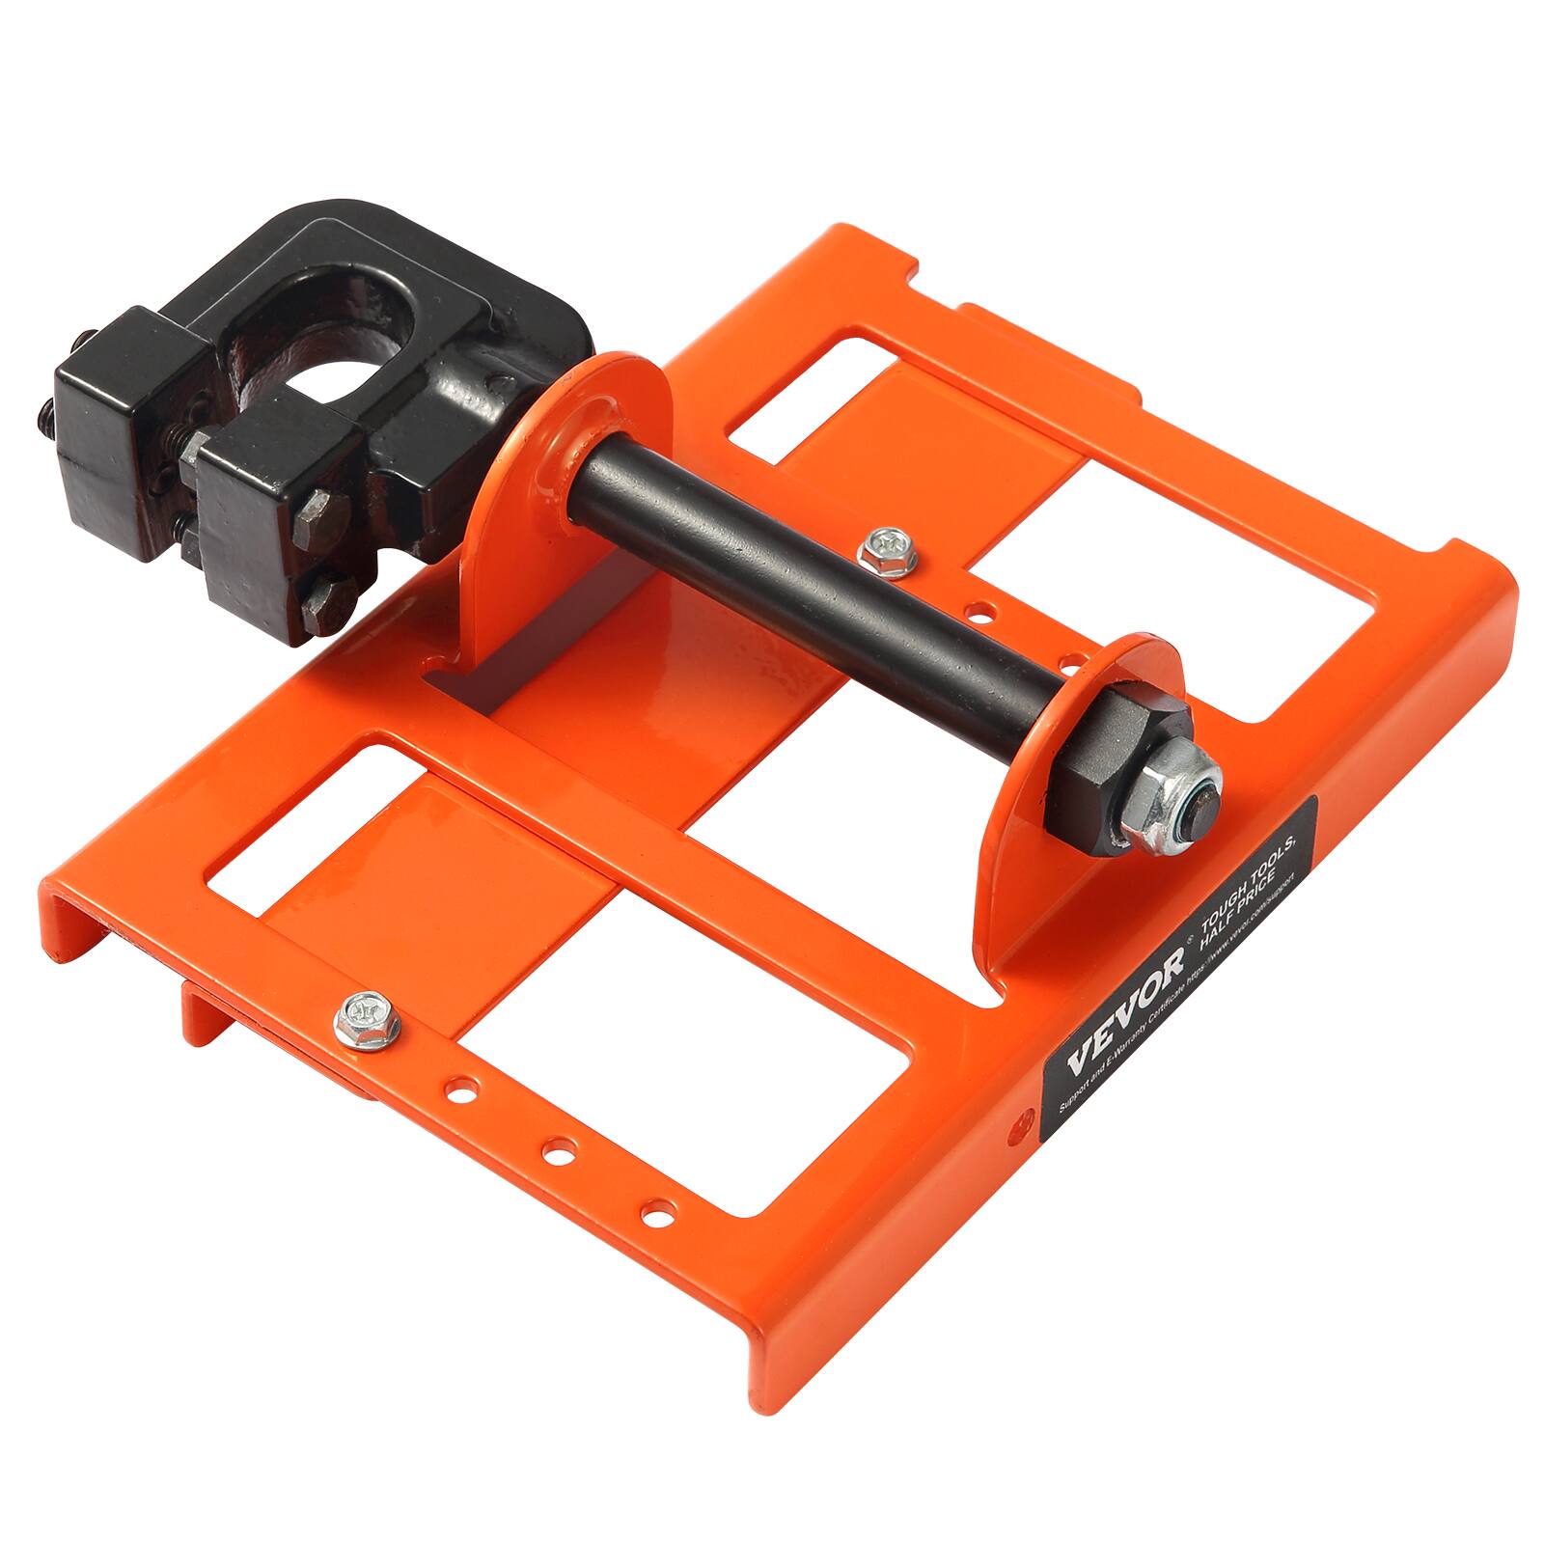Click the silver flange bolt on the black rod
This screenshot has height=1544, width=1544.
(880, 549)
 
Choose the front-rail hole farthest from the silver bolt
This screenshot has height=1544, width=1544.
(658, 1207)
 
